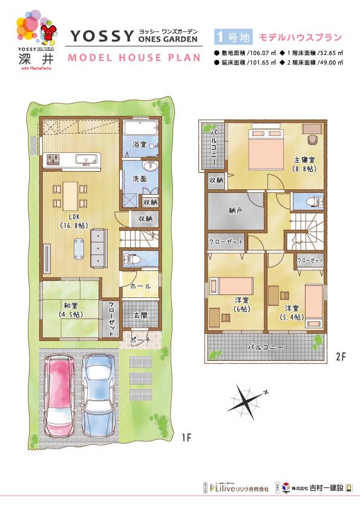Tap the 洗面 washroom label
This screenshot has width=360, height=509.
pos(138,179)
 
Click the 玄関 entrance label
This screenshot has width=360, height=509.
pos(140,314)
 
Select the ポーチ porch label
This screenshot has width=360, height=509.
pos(140,341)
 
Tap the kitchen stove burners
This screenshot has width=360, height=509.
pos(51,160)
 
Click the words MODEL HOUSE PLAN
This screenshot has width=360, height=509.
pos(132,57)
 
